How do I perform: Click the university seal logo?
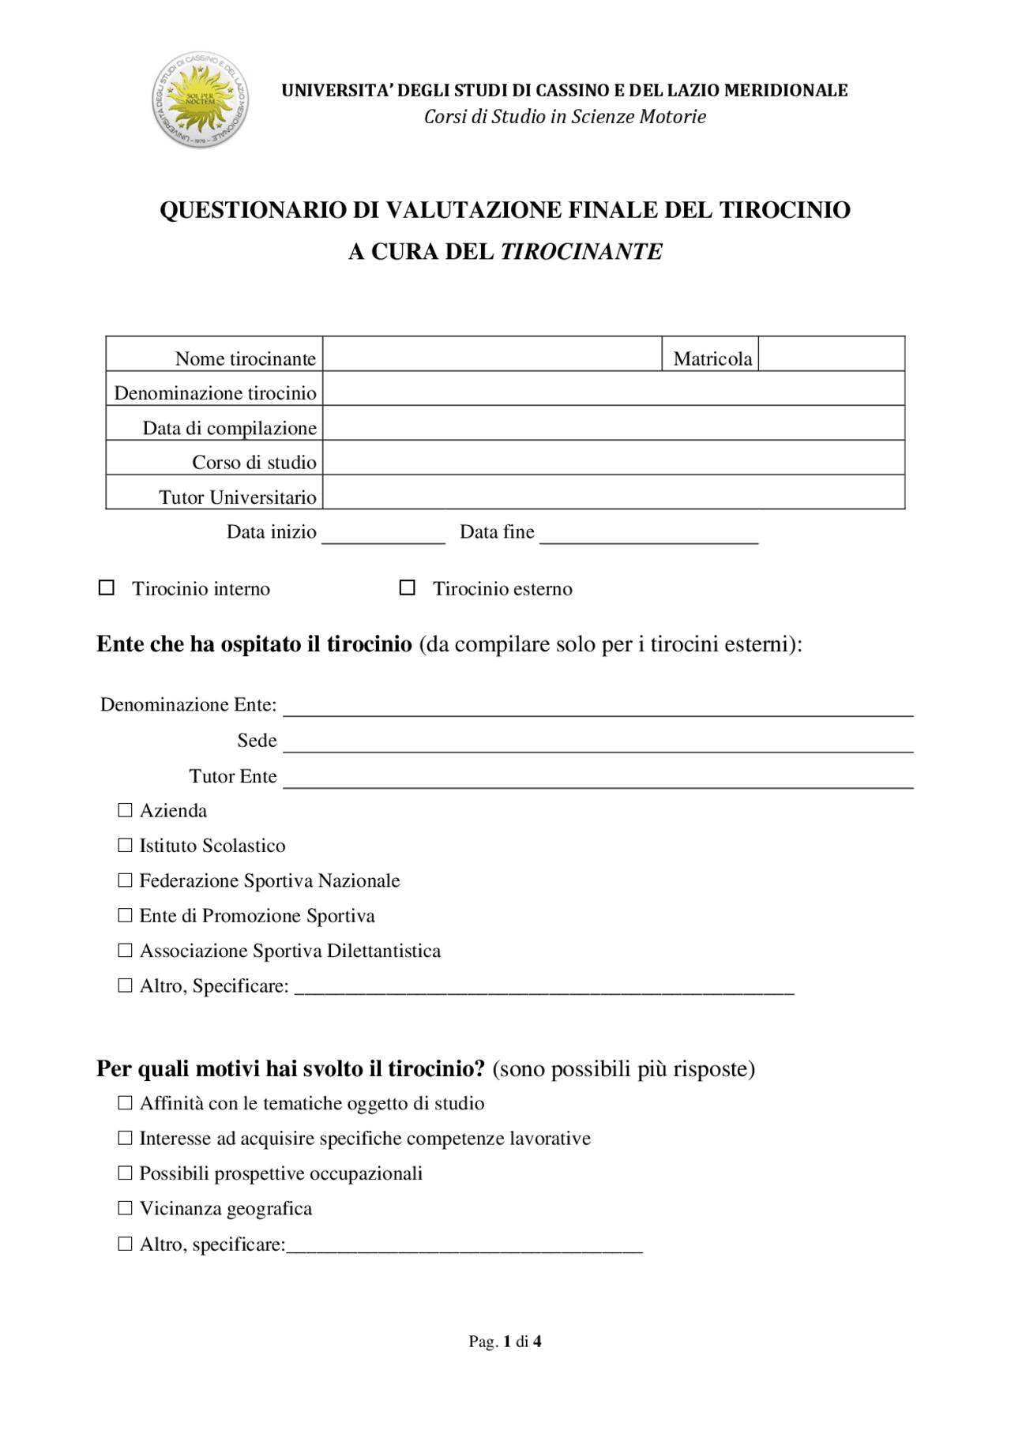pos(200,100)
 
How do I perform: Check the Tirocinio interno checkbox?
pos(107,588)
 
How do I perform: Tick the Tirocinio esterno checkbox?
pos(407,588)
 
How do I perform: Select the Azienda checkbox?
pos(125,810)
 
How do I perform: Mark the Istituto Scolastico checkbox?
pos(125,845)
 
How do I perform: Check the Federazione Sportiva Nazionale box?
pos(125,880)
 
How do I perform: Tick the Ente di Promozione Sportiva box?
pos(125,915)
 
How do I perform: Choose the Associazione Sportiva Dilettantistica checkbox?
pos(125,950)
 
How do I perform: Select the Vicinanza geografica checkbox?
pos(125,1208)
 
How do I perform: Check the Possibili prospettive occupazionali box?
pos(125,1173)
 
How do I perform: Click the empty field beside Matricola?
pos(831,354)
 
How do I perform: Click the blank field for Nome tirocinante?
pos(491,354)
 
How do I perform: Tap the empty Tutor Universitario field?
pos(613,492)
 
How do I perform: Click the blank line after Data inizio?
pos(383,535)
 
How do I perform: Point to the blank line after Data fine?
pos(648,535)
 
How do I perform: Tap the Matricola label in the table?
pos(712,359)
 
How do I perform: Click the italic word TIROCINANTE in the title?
pos(581,252)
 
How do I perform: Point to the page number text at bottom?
pos(505,1341)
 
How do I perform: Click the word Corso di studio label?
pos(254,463)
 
